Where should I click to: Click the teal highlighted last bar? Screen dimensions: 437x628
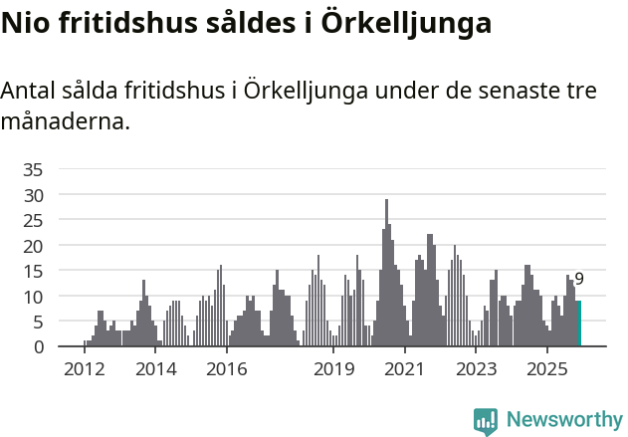(579, 324)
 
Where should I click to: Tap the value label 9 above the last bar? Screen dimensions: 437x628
(579, 280)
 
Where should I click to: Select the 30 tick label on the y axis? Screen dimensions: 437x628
(34, 195)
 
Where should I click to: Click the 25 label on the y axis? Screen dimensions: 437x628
(34, 220)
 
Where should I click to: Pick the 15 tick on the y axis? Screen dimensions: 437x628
(34, 271)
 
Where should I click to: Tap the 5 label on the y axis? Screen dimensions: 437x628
(39, 322)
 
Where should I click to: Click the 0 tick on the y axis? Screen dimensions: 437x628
(39, 347)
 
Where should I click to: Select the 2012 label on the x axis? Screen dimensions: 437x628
(84, 369)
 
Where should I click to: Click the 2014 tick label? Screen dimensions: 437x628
(155, 369)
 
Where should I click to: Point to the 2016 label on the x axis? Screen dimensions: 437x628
(227, 369)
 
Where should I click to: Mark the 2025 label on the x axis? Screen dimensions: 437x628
(547, 369)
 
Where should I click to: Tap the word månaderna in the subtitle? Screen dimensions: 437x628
(65, 122)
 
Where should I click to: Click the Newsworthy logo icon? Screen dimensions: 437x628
(486, 420)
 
